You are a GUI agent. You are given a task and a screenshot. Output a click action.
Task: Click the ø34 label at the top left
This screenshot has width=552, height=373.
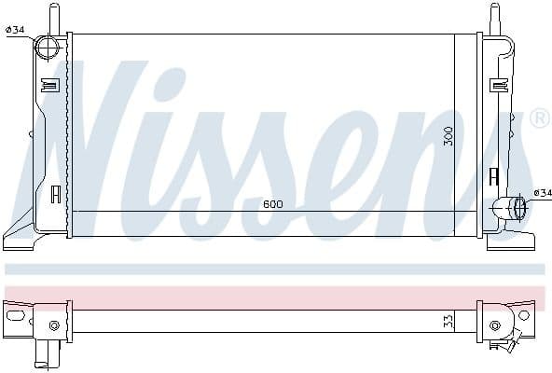coord(15,30)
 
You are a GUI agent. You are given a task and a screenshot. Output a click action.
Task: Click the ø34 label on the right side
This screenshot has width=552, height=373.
coord(542,193)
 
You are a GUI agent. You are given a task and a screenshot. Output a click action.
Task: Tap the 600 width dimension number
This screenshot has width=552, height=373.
coord(273,204)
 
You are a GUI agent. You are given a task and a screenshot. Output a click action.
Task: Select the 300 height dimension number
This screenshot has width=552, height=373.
coord(448,135)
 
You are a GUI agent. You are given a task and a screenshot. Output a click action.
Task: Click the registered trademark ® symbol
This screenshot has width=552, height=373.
coord(538,119)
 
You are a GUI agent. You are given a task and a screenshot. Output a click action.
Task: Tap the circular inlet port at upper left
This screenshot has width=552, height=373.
coord(48,47)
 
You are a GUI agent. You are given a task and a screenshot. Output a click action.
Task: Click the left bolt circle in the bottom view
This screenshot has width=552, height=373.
coord(54,325)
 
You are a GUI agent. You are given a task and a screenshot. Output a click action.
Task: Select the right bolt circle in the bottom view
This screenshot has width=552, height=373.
coord(494,325)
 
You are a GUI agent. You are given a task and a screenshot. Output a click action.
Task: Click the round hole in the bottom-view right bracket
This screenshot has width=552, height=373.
coord(524,315)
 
